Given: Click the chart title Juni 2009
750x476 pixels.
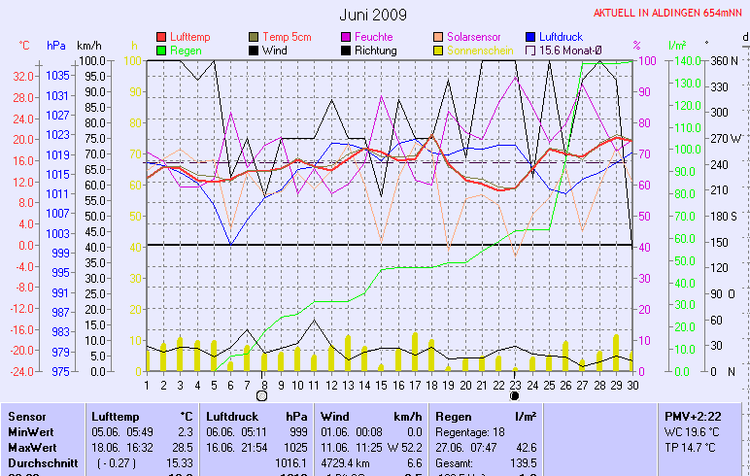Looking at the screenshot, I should pos(373,15).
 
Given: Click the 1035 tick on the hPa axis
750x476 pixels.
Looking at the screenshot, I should pos(56,75).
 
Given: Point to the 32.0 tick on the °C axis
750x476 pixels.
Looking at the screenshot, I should pos(23,75).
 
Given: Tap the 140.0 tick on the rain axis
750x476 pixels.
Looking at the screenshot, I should pos(687,60).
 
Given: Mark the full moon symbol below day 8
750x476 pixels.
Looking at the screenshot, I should pos(261,396).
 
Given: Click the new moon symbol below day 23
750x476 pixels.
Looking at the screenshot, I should pos(514,396).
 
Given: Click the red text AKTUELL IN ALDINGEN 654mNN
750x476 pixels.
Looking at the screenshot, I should pos(668,14).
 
